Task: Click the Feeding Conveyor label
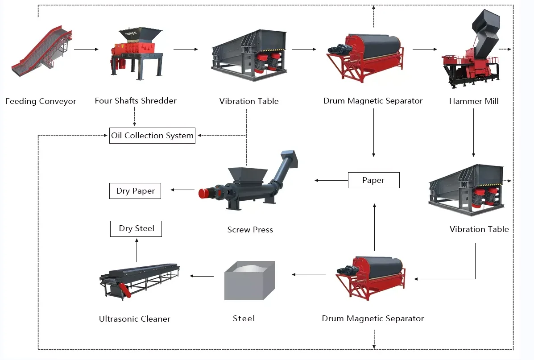click(x=41, y=101)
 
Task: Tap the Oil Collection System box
click(x=152, y=136)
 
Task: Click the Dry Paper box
click(x=135, y=191)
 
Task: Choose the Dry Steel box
click(x=136, y=228)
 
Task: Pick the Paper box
click(x=373, y=180)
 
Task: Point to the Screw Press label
click(x=250, y=230)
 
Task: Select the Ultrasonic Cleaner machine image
click(x=138, y=279)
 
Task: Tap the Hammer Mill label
click(x=474, y=101)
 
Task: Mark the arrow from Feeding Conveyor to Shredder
click(x=86, y=49)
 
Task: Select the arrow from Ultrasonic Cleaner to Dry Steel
click(x=137, y=250)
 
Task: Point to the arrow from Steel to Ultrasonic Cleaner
click(x=202, y=276)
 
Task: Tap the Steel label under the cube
click(x=244, y=319)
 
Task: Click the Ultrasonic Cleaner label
click(x=134, y=319)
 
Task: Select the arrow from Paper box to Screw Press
click(x=331, y=180)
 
